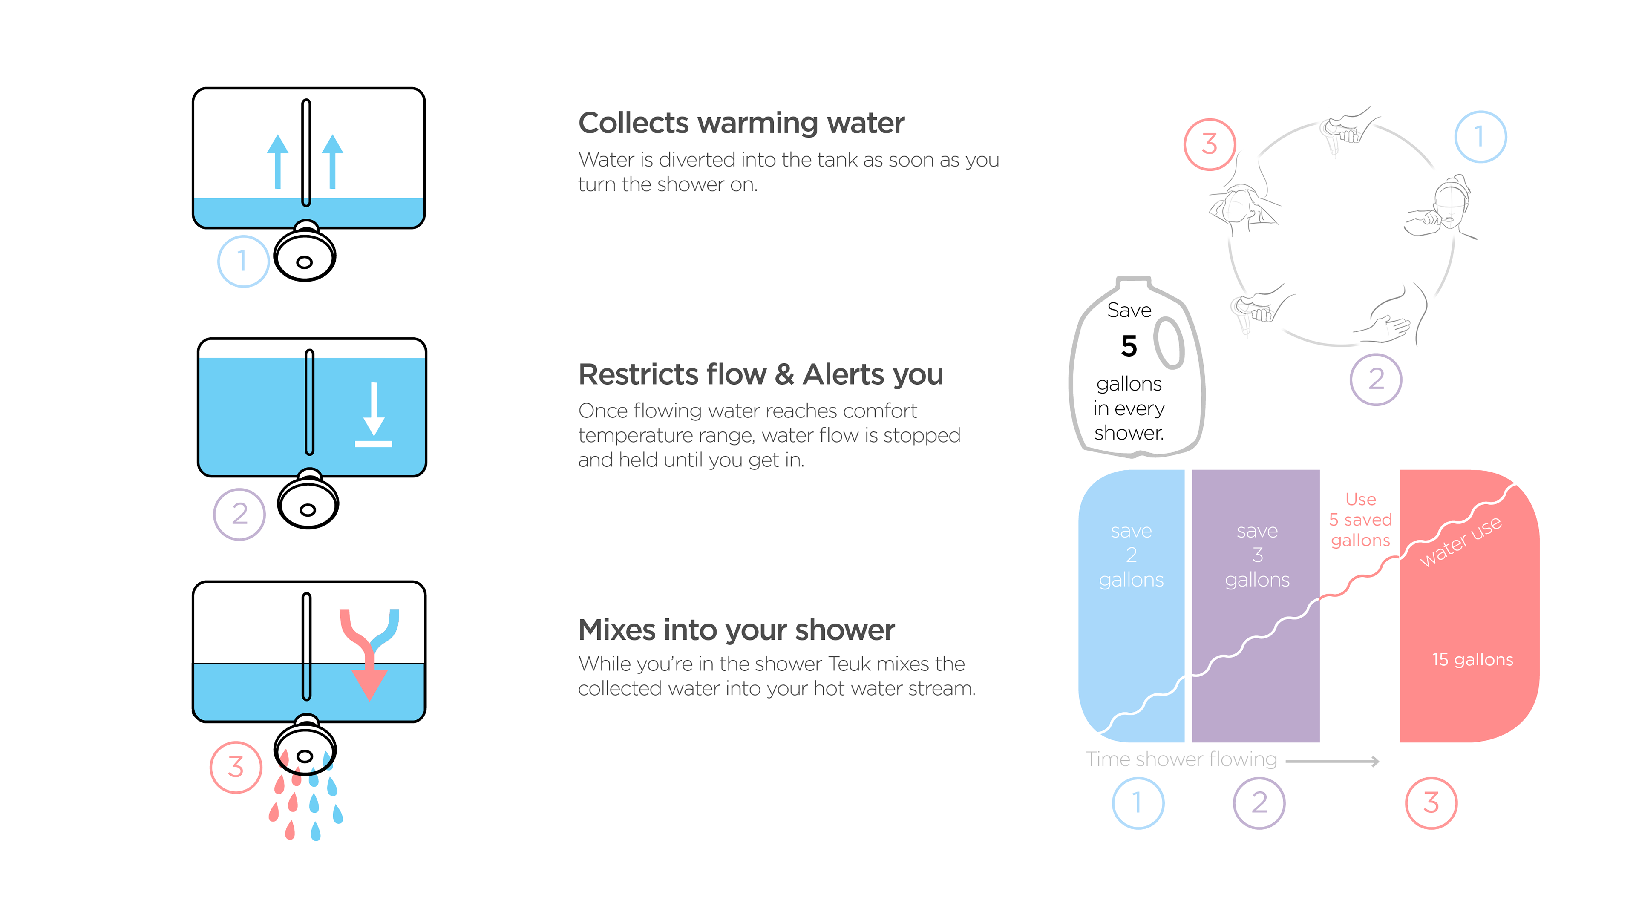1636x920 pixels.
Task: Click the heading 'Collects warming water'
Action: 740,123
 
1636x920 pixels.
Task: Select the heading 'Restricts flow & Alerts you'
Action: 760,375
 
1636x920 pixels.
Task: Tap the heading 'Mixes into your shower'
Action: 736,630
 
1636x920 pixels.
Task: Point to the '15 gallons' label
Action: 1472,660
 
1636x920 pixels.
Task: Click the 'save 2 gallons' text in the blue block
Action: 1131,555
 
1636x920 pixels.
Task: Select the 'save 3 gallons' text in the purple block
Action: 1257,555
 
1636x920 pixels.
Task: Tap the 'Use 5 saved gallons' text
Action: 1360,519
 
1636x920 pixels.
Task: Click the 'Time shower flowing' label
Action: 1181,759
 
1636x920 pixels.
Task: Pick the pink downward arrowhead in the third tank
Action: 369,684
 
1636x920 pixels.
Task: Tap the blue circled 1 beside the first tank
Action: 242,261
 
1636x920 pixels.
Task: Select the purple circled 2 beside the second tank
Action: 239,514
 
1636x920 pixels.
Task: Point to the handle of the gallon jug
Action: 1169,343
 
